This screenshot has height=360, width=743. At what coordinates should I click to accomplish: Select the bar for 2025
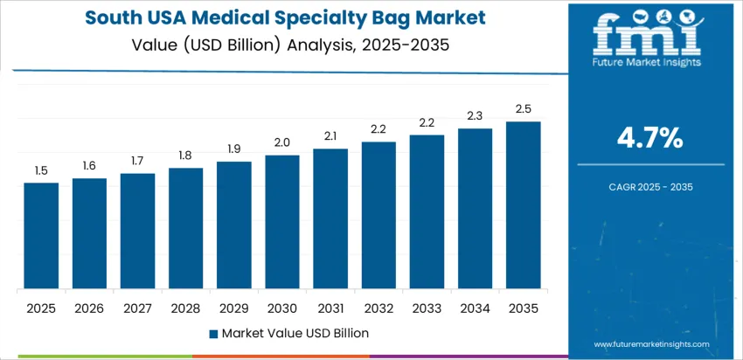pyautogui.click(x=41, y=236)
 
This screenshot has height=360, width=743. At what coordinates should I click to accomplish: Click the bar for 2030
pyautogui.click(x=282, y=222)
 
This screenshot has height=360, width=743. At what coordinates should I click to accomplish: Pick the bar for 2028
pyautogui.click(x=185, y=228)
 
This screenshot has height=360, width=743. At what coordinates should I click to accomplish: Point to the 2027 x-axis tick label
pyautogui.click(x=137, y=308)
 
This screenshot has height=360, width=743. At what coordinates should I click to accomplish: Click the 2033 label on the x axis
pyautogui.click(x=427, y=308)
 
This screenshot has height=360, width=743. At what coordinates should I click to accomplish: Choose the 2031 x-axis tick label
pyautogui.click(x=330, y=308)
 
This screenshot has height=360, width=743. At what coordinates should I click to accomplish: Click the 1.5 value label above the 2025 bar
pyautogui.click(x=41, y=171)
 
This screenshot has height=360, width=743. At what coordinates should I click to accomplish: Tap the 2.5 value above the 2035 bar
pyautogui.click(x=524, y=109)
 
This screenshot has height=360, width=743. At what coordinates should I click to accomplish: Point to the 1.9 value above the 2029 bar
pyautogui.click(x=234, y=149)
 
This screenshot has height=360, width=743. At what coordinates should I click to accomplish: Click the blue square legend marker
pyautogui.click(x=213, y=333)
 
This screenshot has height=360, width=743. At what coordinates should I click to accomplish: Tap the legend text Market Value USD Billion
pyautogui.click(x=295, y=333)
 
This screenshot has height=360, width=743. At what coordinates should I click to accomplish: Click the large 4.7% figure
pyautogui.click(x=649, y=137)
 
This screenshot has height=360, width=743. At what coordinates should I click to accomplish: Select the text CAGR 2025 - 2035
pyautogui.click(x=649, y=186)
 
